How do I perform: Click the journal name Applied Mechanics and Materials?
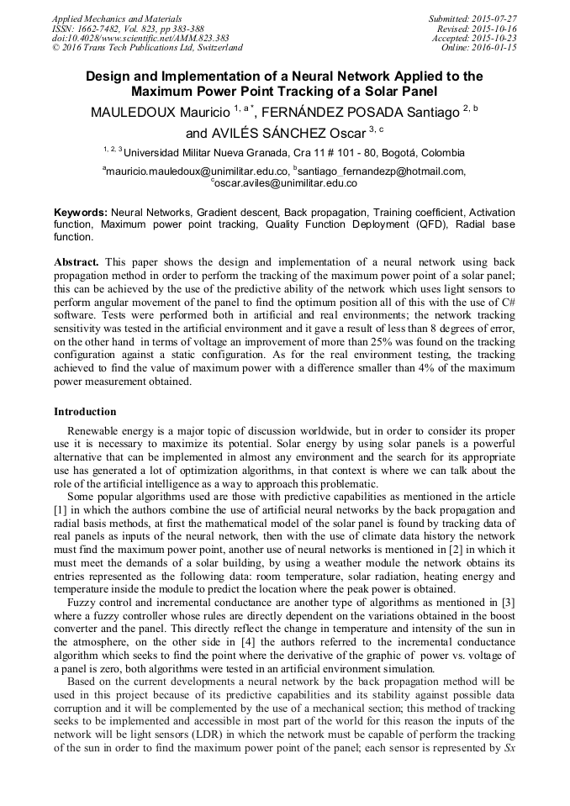tap(117, 18)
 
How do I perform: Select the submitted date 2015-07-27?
tap(494, 18)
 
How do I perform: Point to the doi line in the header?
tap(140, 39)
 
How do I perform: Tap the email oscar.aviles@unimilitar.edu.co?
tap(285, 182)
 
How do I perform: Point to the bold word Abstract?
tap(77, 262)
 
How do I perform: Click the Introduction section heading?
tap(85, 412)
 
